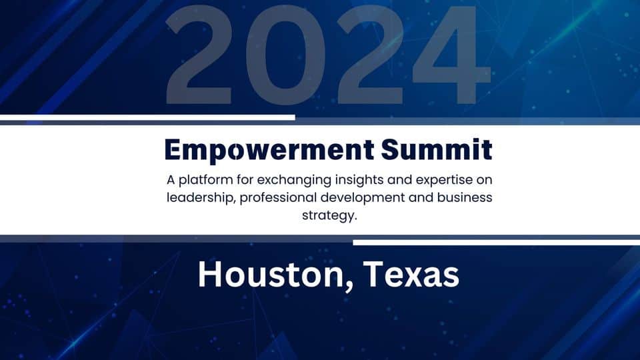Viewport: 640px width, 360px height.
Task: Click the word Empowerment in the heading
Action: tap(269, 151)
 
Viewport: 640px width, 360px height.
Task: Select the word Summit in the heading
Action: tap(437, 149)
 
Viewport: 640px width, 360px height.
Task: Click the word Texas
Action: tap(411, 274)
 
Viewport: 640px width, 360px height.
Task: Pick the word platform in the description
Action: tap(206, 180)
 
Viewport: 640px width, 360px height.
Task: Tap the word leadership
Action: tap(201, 198)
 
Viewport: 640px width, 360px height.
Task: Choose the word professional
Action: tap(278, 198)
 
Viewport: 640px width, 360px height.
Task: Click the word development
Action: tap(363, 198)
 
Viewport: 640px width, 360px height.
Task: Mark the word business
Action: tap(465, 197)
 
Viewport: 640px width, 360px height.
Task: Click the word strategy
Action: tap(329, 215)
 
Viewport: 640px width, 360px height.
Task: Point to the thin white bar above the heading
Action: tap(147, 117)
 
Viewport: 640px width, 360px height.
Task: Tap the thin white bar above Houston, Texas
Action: tap(496, 243)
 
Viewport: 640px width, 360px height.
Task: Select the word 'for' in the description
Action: tap(245, 179)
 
